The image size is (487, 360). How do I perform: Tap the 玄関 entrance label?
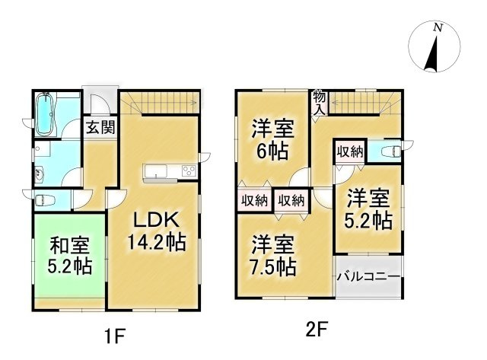pyautogui.click(x=99, y=127)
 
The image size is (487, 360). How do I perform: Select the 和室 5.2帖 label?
pyautogui.click(x=70, y=256)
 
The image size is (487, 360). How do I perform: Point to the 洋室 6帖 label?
pyautogui.click(x=271, y=139)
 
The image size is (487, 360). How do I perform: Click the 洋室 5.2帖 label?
pyautogui.click(x=369, y=211)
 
